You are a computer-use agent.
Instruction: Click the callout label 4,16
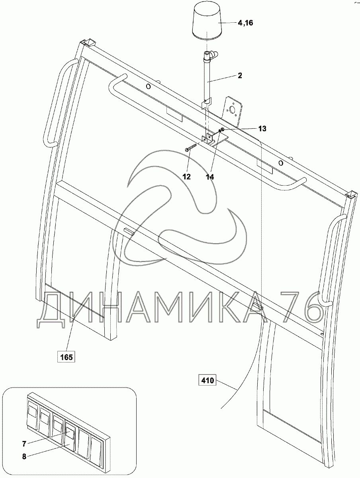click(245, 23)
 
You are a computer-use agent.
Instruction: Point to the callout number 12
click(187, 176)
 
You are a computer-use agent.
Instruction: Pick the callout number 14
click(209, 176)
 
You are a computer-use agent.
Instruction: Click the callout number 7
click(24, 443)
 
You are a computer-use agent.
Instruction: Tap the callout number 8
click(24, 457)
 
